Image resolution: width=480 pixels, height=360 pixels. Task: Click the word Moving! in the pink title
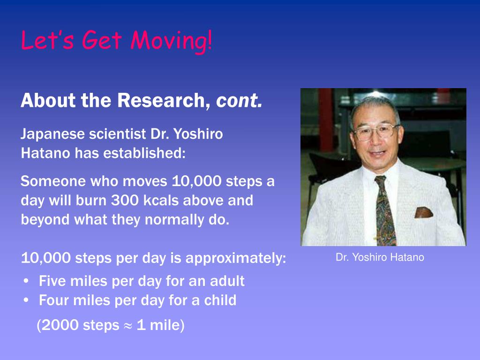point(171,41)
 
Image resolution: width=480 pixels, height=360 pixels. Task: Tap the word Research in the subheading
point(161,100)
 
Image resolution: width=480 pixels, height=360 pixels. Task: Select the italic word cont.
point(239,101)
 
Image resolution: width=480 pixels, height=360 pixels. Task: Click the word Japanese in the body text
point(52,135)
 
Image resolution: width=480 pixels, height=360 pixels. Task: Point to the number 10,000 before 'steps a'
point(196,181)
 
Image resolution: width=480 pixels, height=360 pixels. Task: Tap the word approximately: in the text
point(236,259)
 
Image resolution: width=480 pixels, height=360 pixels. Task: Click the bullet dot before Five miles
point(26,281)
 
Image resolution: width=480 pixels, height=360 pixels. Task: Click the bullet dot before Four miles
point(26,300)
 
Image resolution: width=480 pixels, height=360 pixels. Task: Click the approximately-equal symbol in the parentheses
point(128,326)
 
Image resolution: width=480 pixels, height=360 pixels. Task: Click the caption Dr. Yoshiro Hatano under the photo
point(380,257)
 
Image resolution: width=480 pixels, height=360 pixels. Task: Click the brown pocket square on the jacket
point(423,212)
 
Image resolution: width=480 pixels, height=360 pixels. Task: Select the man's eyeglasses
point(376,131)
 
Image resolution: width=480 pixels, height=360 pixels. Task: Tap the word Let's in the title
point(47,40)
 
